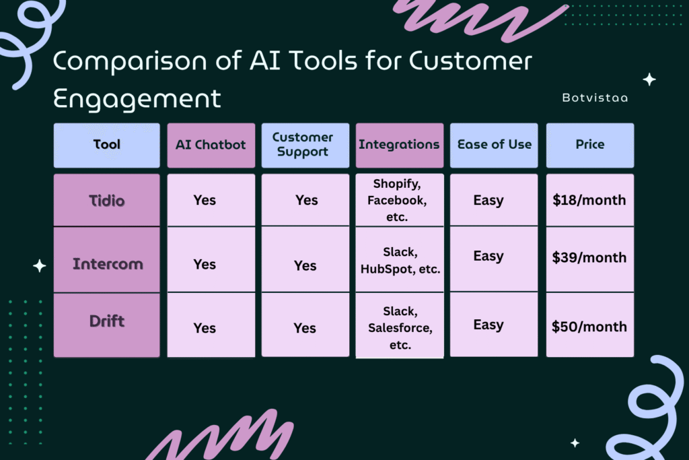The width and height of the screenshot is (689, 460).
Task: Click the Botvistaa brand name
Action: point(595,98)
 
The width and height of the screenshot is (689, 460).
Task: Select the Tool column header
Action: point(107,145)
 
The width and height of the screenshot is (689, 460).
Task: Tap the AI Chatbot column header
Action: point(211,145)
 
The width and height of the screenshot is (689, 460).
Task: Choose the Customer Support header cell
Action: point(305,145)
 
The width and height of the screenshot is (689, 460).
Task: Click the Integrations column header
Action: point(400,145)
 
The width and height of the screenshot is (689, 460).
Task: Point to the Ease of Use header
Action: point(494,145)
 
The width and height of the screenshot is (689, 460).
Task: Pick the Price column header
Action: point(590,145)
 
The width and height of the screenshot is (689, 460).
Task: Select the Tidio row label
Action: point(107,200)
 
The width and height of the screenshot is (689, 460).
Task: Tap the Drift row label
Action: point(107,325)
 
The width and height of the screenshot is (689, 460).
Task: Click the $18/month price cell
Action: point(590,200)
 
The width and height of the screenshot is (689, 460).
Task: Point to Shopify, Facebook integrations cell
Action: point(400,200)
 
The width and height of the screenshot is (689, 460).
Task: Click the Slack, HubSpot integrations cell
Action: point(400,259)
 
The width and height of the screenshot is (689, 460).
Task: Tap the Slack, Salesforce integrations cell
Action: point(400,325)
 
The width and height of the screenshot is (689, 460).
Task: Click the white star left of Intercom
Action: point(40,265)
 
